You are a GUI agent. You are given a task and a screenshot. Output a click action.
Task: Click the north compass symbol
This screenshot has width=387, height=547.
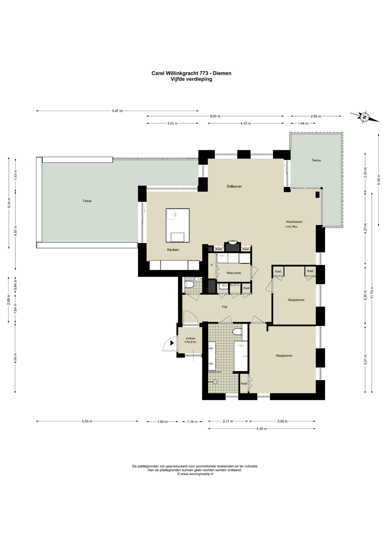click(x=364, y=117)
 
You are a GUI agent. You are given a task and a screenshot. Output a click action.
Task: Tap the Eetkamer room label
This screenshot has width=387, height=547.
click(x=234, y=187)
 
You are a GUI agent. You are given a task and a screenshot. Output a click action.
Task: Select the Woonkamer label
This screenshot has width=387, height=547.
click(x=294, y=222)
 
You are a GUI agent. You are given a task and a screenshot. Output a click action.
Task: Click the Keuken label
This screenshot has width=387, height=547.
click(x=173, y=250)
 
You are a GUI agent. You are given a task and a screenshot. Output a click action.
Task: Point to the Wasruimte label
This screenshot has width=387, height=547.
click(x=234, y=273)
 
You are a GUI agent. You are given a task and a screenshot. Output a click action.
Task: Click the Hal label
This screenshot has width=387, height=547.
click(x=225, y=307)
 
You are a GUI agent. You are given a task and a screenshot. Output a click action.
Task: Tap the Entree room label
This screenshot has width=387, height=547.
click(x=190, y=338)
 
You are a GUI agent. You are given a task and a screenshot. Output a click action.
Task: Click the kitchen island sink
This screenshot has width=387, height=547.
click(x=172, y=215)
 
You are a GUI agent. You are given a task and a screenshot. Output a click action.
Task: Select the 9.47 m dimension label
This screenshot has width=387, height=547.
click(x=117, y=111)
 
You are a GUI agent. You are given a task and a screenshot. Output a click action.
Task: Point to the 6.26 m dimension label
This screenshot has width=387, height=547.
click(x=262, y=428)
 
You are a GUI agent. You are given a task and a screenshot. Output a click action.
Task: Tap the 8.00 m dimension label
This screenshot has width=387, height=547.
click(x=215, y=116)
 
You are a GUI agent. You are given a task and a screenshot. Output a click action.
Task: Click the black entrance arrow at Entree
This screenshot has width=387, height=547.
click(x=172, y=343)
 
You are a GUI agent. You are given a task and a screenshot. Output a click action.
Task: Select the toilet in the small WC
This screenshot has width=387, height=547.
click(x=189, y=284)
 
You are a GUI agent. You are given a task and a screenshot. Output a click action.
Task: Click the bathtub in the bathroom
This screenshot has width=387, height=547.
click(x=241, y=356)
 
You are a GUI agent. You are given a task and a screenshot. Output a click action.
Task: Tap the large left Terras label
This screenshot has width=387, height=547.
click(x=87, y=201)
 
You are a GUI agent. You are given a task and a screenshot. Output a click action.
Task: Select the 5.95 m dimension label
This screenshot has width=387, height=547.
click(x=87, y=421)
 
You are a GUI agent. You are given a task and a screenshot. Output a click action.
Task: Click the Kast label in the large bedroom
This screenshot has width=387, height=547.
click(x=244, y=384)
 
